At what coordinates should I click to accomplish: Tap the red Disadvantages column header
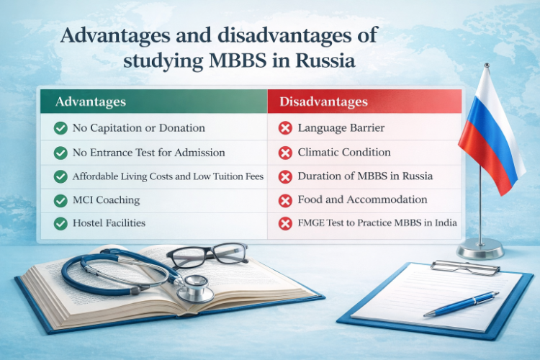pyautogui.click(x=323, y=102)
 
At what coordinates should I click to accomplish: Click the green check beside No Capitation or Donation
pyautogui.click(x=60, y=129)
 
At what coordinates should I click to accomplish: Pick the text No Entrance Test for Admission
pyautogui.click(x=149, y=153)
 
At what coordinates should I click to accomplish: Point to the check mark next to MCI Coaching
pyautogui.click(x=60, y=199)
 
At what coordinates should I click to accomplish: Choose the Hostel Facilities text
pyautogui.click(x=109, y=222)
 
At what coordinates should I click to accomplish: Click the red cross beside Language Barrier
pyautogui.click(x=285, y=129)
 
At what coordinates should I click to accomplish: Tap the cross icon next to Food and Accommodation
pyautogui.click(x=285, y=199)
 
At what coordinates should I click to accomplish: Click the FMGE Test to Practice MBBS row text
pyautogui.click(x=377, y=222)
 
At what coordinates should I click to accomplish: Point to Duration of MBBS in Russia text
pyautogui.click(x=365, y=176)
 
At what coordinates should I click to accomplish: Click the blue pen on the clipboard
pyautogui.click(x=461, y=304)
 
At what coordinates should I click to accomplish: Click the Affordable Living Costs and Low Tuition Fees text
pyautogui.click(x=168, y=176)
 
